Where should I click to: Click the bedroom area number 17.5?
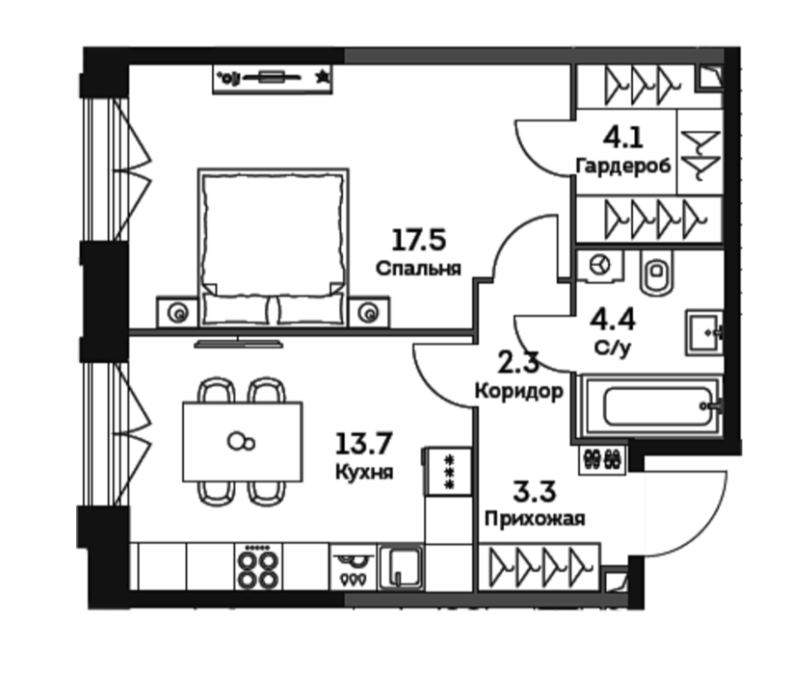point(419,240)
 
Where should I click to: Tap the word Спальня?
point(418,268)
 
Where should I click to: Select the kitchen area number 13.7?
point(363,444)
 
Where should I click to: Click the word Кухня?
point(363,472)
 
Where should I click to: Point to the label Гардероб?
point(623,166)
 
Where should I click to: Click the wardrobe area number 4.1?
point(623,138)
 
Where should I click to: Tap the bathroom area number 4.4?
point(613,320)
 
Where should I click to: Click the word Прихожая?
point(535,519)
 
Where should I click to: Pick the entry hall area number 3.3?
point(535,492)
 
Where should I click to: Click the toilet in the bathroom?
point(656,272)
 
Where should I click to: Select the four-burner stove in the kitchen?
point(257,566)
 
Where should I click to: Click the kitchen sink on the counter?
point(401,567)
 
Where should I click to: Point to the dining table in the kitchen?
point(243,441)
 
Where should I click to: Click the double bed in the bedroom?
point(273,247)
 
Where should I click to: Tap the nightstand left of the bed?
point(176,312)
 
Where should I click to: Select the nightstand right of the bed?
point(369,312)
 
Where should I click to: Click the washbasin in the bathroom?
point(704,332)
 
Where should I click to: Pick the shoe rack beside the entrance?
point(602,459)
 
